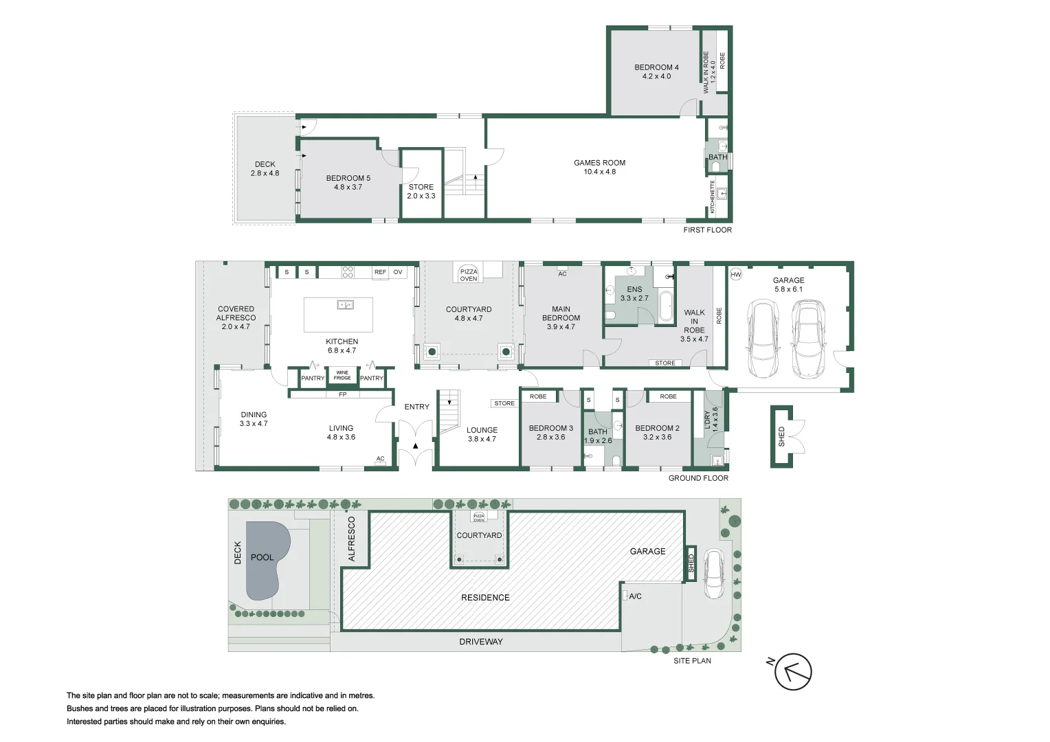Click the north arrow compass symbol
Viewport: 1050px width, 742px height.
pyautogui.click(x=793, y=672)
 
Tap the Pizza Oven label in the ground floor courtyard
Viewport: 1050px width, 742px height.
pyautogui.click(x=469, y=275)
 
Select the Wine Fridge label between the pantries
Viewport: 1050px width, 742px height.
pyautogui.click(x=342, y=376)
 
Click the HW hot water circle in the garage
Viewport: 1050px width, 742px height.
pyautogui.click(x=736, y=275)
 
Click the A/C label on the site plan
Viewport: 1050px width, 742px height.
pyautogui.click(x=635, y=596)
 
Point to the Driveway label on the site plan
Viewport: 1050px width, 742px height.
pyautogui.click(x=481, y=642)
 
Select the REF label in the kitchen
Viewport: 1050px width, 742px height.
pyautogui.click(x=380, y=272)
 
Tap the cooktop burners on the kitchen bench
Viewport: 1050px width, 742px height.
pyautogui.click(x=348, y=272)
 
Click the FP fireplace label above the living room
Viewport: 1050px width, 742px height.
pyautogui.click(x=342, y=394)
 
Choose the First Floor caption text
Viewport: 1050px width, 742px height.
pyautogui.click(x=707, y=230)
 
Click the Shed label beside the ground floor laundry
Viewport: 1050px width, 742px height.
pyautogui.click(x=781, y=437)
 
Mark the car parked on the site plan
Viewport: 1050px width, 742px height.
pyautogui.click(x=713, y=576)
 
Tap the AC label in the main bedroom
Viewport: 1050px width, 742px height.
pyautogui.click(x=562, y=274)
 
